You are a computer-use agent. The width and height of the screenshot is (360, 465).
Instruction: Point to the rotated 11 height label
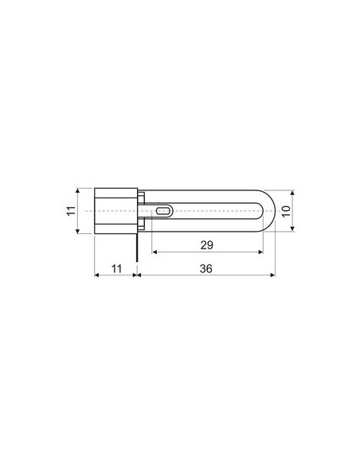tap(70, 211)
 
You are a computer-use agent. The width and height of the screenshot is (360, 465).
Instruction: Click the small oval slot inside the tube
tap(163, 211)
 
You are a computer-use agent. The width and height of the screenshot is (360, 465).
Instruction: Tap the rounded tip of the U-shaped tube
tap(270, 211)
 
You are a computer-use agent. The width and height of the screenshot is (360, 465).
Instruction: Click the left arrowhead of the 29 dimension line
tap(154, 252)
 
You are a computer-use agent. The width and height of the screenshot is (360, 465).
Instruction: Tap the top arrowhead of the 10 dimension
tap(292, 193)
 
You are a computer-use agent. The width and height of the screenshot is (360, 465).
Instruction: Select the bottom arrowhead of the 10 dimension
tap(292, 229)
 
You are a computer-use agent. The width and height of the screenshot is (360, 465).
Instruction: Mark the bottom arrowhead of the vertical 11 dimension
tap(78, 231)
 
